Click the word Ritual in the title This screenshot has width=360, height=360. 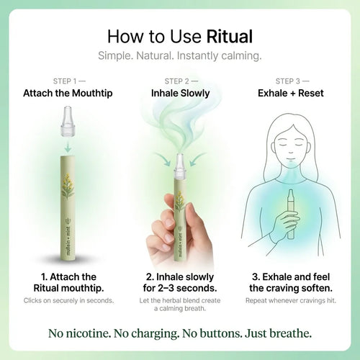(x=228, y=36)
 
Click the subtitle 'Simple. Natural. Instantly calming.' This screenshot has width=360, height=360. (x=179, y=56)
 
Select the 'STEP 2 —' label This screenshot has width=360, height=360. (x=179, y=81)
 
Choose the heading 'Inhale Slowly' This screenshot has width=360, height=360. (x=179, y=94)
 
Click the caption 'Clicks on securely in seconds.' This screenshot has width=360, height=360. (x=69, y=300)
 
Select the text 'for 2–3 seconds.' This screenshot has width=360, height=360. (x=179, y=288)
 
